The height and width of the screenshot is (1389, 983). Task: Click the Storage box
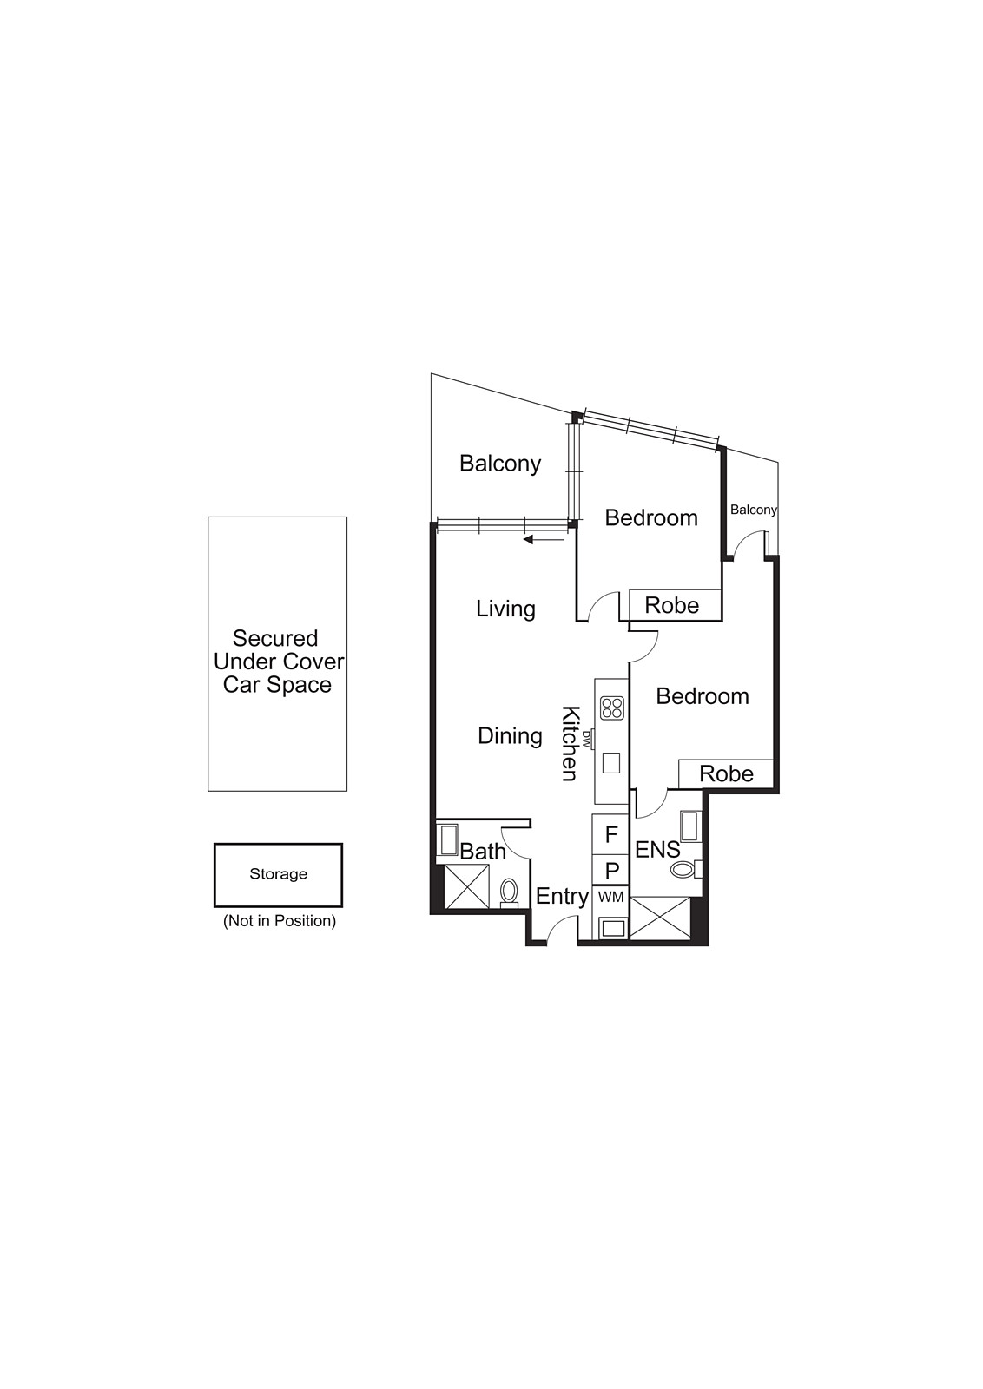278,875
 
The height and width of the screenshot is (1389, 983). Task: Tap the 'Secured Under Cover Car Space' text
278,662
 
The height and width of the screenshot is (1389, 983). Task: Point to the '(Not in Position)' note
279,921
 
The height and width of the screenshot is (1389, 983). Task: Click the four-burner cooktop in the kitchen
611,708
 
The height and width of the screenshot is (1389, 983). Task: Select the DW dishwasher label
587,740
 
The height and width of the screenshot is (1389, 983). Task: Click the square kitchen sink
611,762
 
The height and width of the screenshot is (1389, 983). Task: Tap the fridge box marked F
610,835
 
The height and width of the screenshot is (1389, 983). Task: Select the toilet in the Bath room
509,891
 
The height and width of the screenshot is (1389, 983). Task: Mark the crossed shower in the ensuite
660,918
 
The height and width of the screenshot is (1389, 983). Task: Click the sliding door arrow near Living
544,540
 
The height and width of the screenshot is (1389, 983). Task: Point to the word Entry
562,897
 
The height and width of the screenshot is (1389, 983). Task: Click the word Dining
510,736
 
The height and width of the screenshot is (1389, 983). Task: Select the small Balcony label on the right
753,510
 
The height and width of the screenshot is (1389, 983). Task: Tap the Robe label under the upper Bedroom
671,605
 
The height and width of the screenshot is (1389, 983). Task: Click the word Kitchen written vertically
570,743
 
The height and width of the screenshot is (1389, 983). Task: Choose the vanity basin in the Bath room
449,839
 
